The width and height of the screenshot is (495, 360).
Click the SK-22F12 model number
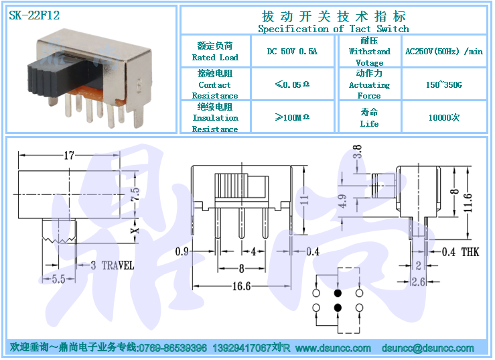(34, 15)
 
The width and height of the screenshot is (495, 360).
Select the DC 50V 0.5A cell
(292, 51)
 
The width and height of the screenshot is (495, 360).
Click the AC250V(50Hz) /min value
(444, 51)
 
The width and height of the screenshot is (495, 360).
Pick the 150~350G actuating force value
(444, 84)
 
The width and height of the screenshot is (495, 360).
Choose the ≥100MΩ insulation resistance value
(292, 117)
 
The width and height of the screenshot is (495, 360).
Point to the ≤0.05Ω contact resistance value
(292, 84)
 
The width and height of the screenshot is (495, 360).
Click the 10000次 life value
(444, 117)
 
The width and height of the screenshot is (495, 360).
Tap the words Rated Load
(215, 58)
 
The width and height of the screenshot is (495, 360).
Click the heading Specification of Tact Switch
(334, 29)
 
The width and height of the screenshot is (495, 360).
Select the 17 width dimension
(69, 156)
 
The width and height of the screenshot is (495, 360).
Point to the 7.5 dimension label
(135, 194)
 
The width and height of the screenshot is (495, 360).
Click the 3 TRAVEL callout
(113, 265)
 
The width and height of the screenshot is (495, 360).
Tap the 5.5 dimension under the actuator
(58, 279)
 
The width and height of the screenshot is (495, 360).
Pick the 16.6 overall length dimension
(242, 286)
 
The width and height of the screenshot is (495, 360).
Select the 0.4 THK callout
(460, 252)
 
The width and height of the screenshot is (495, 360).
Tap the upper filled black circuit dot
(338, 294)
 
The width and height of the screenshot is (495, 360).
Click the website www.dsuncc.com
(333, 348)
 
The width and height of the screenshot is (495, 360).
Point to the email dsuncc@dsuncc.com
(428, 348)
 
